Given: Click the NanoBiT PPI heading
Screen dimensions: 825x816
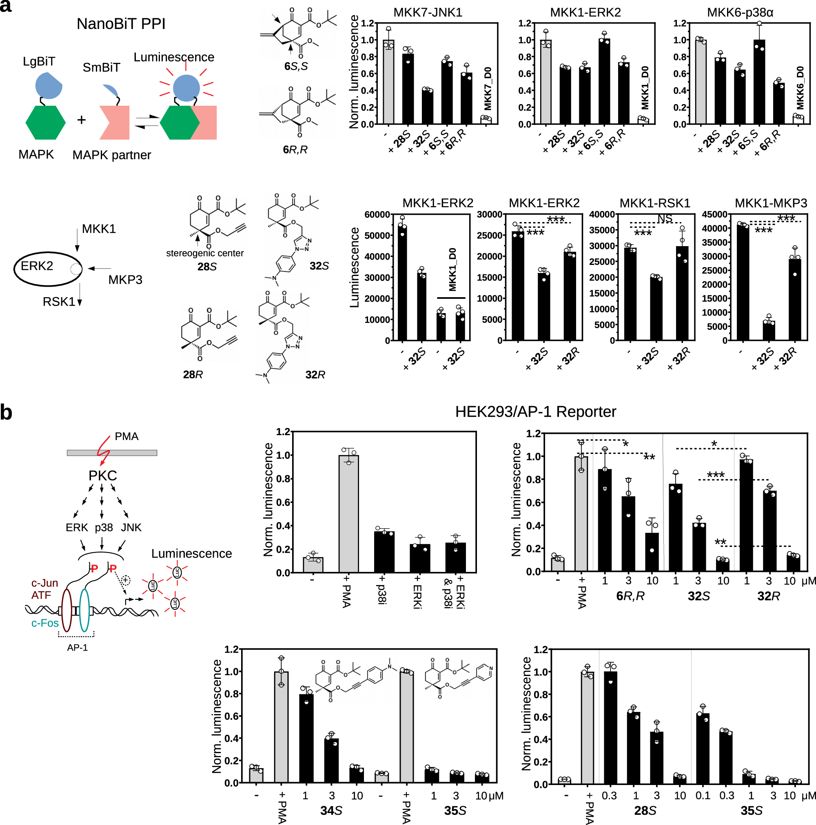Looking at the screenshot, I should point(121,24).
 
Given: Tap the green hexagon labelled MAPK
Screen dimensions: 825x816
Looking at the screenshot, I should point(45,122).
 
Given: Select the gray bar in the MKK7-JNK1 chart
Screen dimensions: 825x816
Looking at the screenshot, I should point(388,82).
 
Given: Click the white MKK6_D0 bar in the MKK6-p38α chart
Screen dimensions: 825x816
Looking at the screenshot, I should point(798,119).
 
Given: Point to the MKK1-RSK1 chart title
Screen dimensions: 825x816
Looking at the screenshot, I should point(654,203).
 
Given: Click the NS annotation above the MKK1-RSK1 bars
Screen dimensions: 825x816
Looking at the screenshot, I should point(664,219).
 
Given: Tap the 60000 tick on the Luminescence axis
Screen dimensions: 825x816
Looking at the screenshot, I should point(377,214).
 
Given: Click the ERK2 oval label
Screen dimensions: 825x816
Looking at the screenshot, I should point(37,266).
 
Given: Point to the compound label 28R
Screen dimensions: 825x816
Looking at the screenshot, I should point(193,374).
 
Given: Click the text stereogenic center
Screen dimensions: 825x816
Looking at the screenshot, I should point(204,253).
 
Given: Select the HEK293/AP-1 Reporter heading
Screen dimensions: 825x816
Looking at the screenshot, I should point(535,411).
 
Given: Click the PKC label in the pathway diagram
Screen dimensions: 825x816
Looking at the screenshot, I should point(102,475).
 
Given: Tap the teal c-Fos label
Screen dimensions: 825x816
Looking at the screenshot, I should point(45,623).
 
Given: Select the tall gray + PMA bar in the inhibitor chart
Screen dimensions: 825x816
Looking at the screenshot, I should point(348,513).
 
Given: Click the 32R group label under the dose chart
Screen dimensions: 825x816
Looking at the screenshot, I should point(768,596).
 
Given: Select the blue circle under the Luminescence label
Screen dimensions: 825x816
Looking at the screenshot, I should point(186,88).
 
